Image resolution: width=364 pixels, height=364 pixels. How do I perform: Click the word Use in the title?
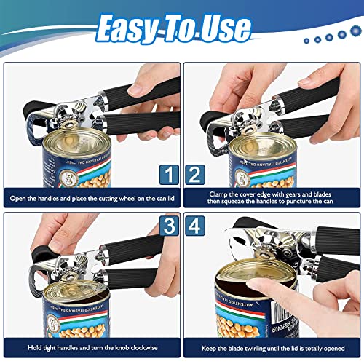(225, 28)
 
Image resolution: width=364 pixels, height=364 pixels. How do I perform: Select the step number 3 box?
(167, 226)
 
